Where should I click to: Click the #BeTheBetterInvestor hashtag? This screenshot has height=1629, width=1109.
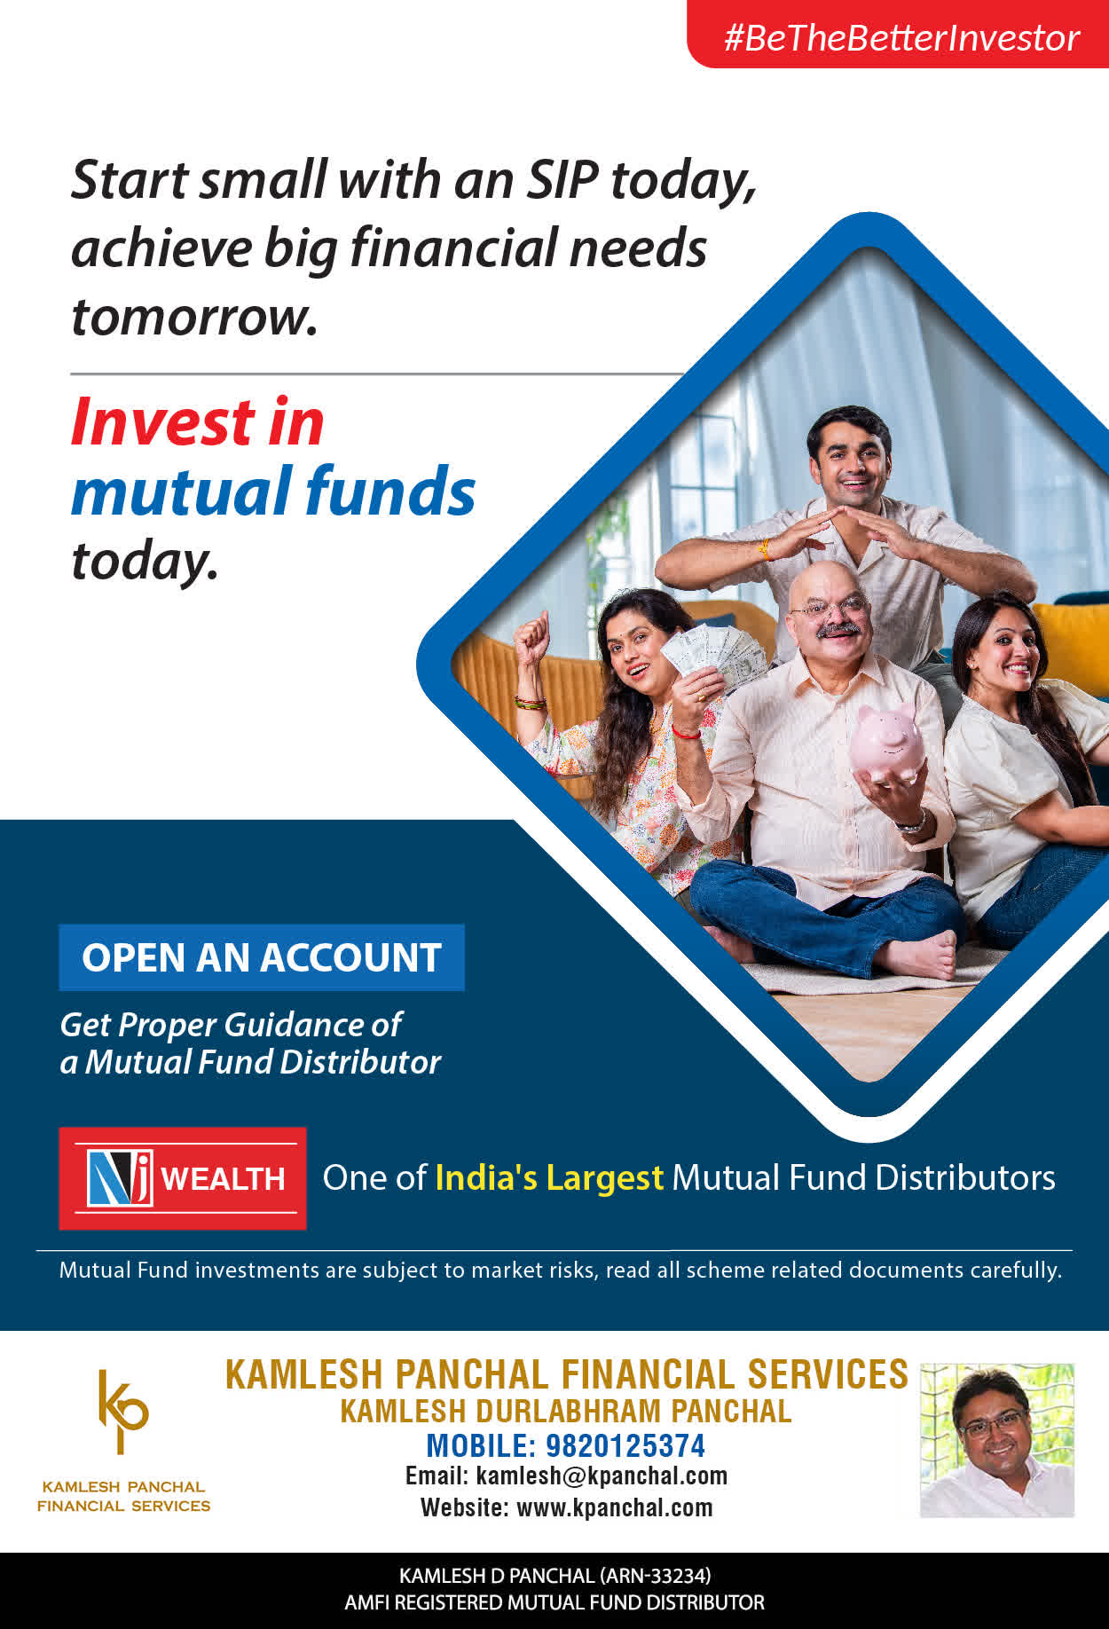coord(901,38)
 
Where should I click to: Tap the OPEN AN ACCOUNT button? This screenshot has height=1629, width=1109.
coord(262,957)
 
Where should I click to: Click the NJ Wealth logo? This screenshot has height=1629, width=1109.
coord(183,1178)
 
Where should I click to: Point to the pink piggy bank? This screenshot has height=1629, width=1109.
coord(886,744)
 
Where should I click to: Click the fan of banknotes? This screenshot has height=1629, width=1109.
coord(715,654)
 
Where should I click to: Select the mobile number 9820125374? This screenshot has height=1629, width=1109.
coord(625,1446)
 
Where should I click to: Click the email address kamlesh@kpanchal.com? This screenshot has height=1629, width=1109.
coord(602,1476)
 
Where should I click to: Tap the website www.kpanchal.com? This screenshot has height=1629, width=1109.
coord(614,1507)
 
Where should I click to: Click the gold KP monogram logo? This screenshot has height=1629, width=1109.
coord(122,1412)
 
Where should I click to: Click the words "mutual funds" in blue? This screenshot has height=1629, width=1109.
coord(273,491)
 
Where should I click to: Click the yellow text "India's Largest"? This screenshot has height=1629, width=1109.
coord(549,1178)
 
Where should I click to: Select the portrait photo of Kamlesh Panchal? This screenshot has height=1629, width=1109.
coord(997,1440)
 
